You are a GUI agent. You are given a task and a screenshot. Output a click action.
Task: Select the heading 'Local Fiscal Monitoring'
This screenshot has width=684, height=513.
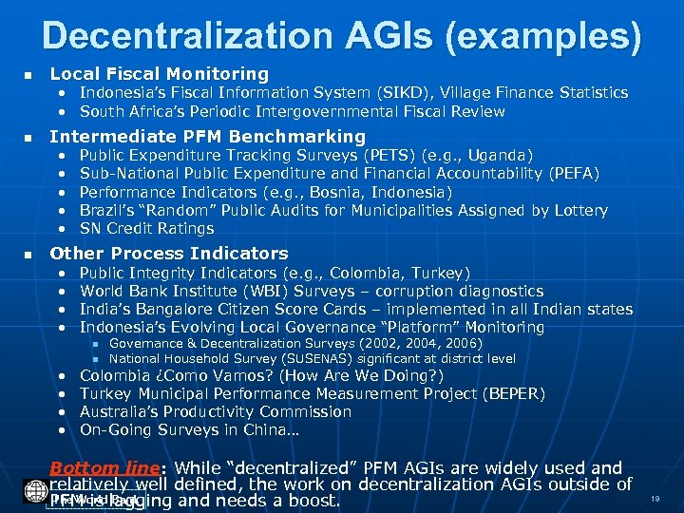pos(159,73)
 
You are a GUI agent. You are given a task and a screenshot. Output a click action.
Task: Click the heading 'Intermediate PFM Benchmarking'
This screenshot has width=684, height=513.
pos(207,136)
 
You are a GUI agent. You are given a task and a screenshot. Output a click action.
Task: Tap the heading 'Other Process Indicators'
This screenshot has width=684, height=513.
pos(168,254)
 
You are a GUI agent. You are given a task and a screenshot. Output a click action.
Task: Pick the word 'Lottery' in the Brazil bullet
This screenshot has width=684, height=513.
pos(577,210)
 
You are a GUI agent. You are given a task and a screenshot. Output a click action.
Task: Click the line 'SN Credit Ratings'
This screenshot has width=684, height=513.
pos(146,229)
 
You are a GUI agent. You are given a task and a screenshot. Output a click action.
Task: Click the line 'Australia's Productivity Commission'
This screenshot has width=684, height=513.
pos(215,412)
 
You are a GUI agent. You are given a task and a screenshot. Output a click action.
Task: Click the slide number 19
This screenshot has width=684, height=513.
pos(655,499)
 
